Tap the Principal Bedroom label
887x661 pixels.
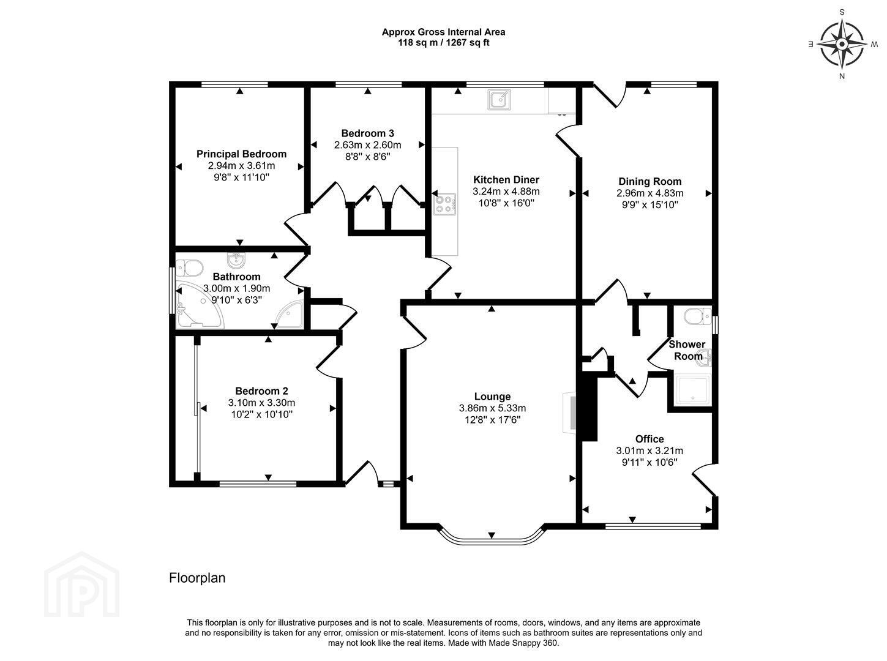(241, 154)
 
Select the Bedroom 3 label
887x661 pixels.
(367, 133)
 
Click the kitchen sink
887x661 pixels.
(500, 99)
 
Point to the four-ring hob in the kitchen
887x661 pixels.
(445, 204)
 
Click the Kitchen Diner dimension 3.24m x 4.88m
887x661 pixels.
(506, 192)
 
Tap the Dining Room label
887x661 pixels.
(649, 181)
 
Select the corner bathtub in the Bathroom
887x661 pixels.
(199, 306)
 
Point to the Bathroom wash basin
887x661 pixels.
(236, 260)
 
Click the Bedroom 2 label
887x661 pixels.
(261, 391)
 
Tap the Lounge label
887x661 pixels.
(492, 397)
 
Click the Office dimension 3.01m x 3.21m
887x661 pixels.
(649, 450)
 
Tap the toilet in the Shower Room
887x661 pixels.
(698, 316)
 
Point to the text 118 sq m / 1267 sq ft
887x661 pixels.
(444, 43)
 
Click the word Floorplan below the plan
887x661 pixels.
(197, 578)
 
